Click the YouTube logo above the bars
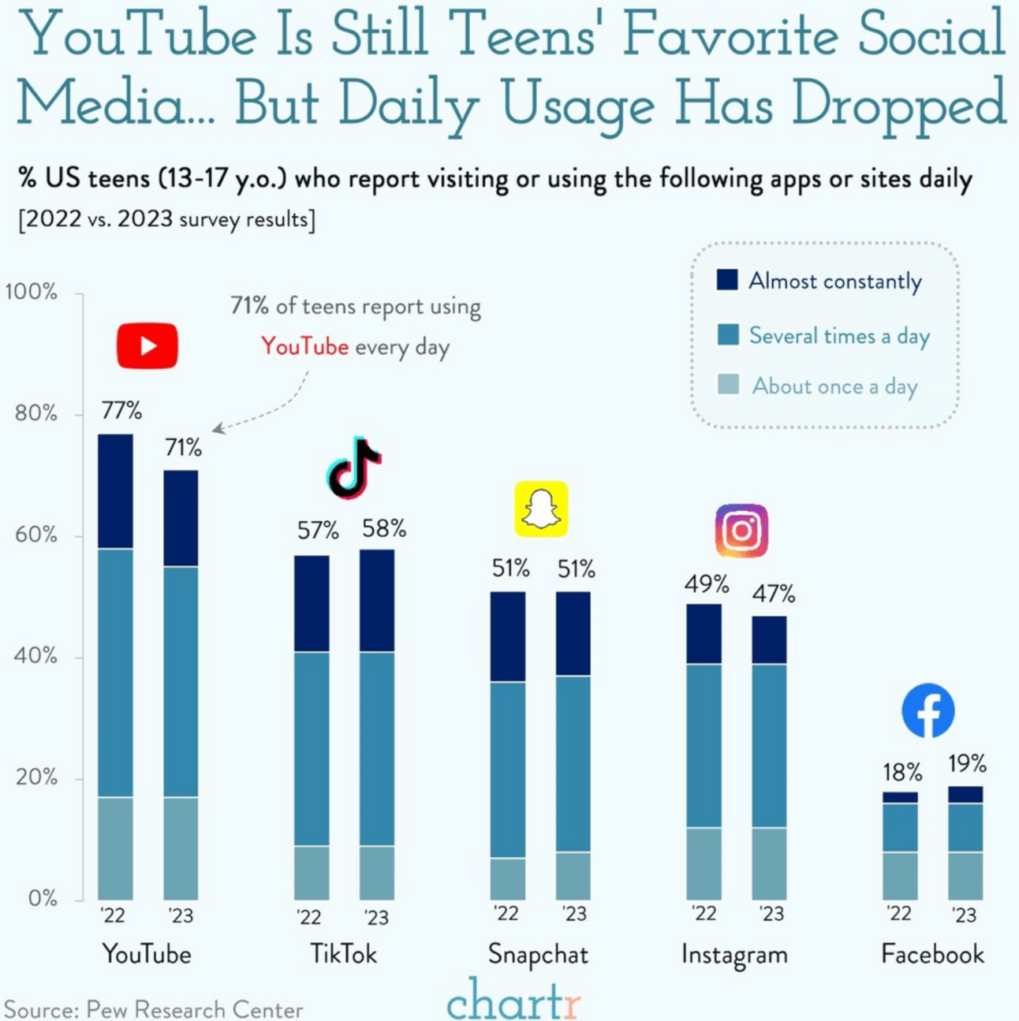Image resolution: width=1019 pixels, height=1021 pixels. [x=147, y=345]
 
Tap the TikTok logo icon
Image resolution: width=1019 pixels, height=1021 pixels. [x=353, y=468]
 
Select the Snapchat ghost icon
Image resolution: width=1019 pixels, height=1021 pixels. [x=541, y=509]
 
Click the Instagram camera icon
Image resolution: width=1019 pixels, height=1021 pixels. [x=741, y=531]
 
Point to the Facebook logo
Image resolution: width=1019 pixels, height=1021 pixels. [x=928, y=710]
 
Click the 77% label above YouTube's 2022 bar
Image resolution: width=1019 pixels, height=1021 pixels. [x=121, y=411]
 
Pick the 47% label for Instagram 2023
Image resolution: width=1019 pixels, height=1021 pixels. [x=773, y=594]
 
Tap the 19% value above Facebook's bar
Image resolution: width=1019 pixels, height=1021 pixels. [x=967, y=764]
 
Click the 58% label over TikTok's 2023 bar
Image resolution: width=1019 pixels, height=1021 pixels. [x=384, y=529]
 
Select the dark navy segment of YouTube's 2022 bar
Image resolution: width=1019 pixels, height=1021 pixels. [x=115, y=491]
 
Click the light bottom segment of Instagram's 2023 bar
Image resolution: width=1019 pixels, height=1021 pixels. [x=769, y=863]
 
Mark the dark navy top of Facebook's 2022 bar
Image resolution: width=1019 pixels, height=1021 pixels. [x=900, y=798]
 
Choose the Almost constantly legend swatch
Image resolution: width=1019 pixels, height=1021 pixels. [x=727, y=280]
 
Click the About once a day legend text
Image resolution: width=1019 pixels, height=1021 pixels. [x=834, y=386]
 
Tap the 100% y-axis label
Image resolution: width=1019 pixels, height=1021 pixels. [x=32, y=293]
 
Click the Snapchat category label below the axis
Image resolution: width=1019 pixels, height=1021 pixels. [x=538, y=955]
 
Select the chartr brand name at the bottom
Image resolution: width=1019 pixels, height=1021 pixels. [x=513, y=1001]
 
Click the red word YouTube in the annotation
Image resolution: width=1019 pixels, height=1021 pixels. [x=304, y=347]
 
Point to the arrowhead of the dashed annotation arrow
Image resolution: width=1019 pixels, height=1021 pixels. [x=217, y=429]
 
